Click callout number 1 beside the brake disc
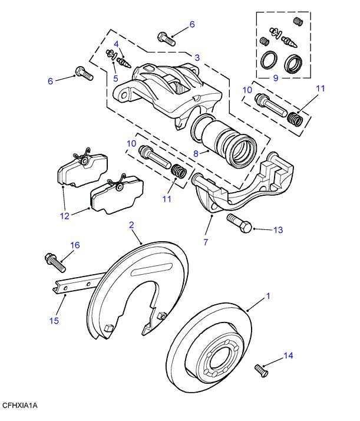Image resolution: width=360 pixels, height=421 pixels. tap(268, 296)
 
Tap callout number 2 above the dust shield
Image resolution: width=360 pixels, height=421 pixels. tap(131, 225)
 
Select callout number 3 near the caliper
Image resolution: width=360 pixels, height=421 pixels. tap(197, 58)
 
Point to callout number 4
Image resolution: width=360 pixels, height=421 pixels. tap(116, 44)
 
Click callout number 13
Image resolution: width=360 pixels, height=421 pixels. tap(278, 229)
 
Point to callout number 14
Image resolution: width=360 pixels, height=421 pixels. tap(288, 356)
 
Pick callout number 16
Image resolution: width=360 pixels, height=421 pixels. tap(74, 245)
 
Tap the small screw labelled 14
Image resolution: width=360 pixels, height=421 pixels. tap(260, 370)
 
